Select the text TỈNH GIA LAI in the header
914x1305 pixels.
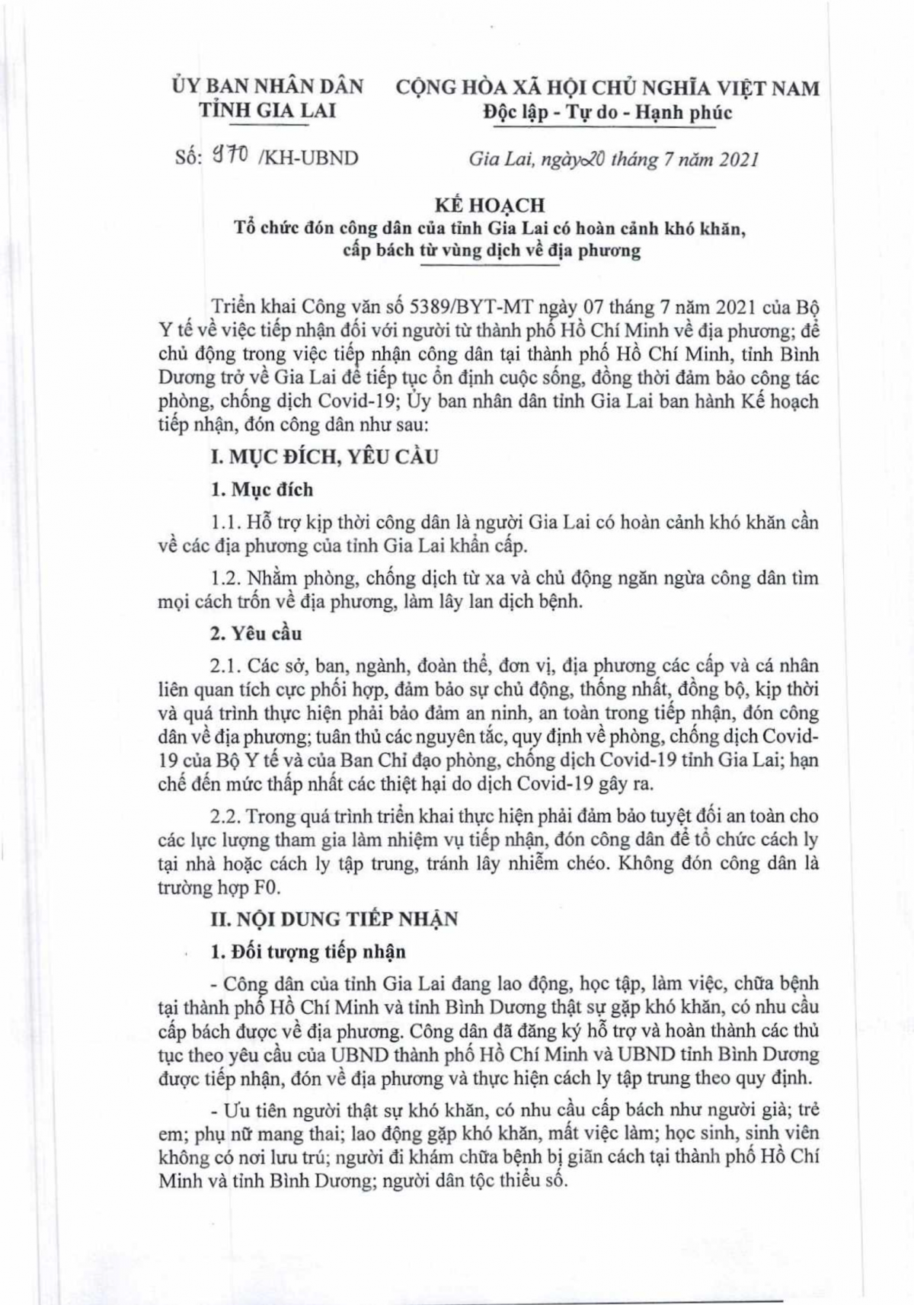pos(267,110)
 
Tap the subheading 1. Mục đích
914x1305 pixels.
pos(261,489)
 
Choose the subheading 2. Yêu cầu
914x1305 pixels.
pos(256,633)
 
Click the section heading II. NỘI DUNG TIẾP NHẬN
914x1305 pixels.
pos(334,919)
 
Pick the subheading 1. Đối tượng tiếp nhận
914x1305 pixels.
pos(308,952)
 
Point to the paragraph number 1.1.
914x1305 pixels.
pos(225,523)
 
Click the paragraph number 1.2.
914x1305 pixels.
pos(226,578)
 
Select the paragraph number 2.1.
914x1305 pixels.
pos(226,666)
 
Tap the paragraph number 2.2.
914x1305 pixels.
pos(226,816)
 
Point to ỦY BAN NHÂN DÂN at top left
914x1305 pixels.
pos(267,86)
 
